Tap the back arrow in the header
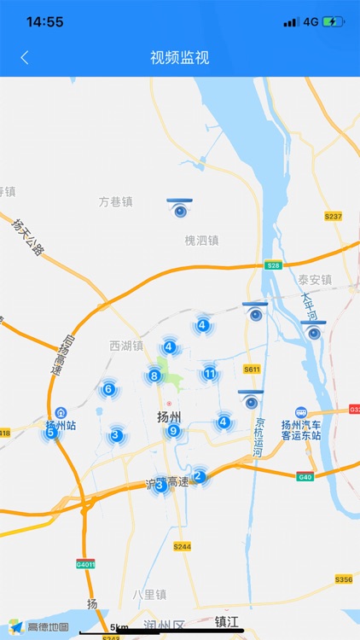(25, 58)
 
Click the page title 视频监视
(179, 58)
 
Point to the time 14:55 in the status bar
(44, 21)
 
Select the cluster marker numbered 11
(210, 374)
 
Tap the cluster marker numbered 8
(154, 375)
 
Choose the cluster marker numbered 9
(173, 431)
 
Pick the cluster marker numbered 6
(108, 390)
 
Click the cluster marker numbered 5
(51, 433)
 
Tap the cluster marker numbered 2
(198, 476)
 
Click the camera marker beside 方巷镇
(179, 208)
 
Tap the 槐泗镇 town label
(202, 241)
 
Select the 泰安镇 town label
(315, 280)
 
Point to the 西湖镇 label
(125, 346)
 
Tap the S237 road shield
(334, 217)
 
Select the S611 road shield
(251, 369)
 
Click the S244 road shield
(182, 546)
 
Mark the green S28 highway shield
(273, 265)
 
